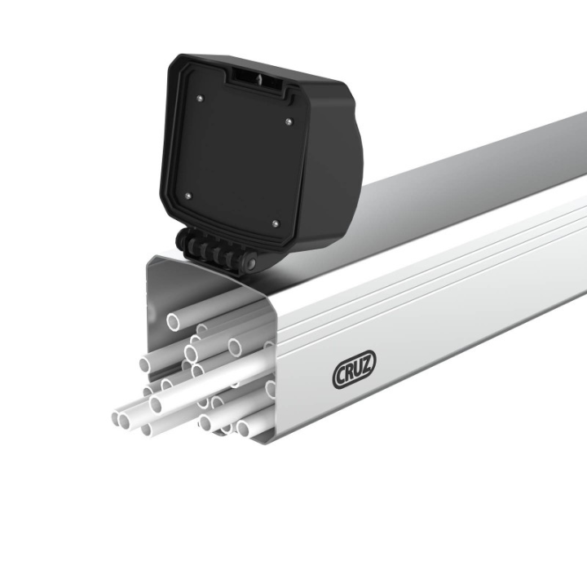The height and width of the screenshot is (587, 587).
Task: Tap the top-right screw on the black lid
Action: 288,122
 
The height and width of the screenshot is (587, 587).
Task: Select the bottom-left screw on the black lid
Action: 188,196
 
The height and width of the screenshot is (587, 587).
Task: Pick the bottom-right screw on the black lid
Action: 274,222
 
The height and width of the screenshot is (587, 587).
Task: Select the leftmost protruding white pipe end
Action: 117,418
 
